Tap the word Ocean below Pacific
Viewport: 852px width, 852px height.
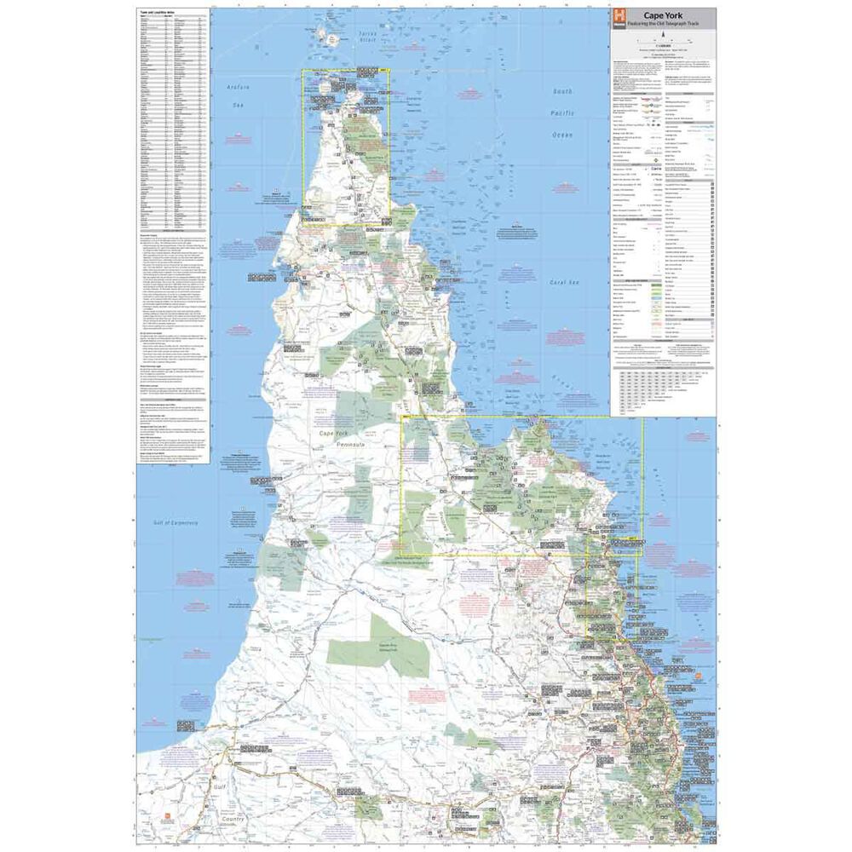click(563, 135)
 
